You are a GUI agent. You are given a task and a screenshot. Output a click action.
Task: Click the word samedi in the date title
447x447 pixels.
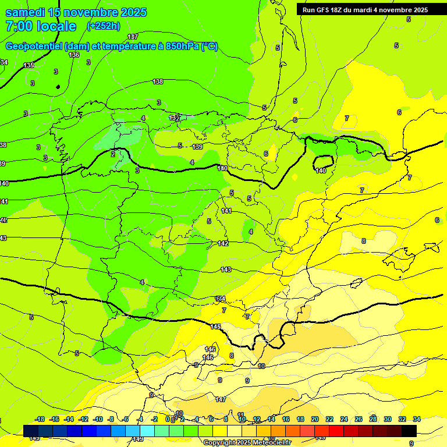point(25,12)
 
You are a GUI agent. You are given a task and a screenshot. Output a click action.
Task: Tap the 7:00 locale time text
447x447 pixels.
point(40,26)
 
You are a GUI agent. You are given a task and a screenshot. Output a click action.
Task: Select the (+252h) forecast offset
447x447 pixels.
point(103,26)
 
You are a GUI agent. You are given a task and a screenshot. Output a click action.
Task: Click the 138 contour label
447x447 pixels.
point(158,82)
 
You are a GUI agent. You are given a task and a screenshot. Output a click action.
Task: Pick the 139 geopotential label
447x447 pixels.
point(198,147)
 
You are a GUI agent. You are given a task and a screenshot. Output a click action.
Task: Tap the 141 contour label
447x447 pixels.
point(226,211)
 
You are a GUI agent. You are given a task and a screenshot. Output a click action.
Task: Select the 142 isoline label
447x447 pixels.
point(223,243)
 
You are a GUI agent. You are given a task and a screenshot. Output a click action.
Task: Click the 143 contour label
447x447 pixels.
point(226,269)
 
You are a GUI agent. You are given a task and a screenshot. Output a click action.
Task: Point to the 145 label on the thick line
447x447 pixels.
point(215,327)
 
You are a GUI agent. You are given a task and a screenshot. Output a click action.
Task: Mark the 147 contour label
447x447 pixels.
point(221,399)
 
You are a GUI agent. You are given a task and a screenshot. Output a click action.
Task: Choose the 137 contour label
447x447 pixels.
point(133,37)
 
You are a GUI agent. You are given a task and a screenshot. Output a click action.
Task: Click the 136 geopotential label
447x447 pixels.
point(74,55)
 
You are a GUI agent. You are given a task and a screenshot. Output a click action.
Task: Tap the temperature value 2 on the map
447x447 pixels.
point(113,154)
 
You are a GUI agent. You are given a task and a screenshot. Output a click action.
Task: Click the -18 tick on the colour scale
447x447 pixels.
point(40,419)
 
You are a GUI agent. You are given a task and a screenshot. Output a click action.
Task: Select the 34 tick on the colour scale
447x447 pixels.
point(417,419)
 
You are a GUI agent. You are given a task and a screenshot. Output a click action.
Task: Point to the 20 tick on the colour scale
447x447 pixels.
point(315,419)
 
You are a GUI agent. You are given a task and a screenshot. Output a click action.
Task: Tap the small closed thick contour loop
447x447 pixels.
point(324,164)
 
